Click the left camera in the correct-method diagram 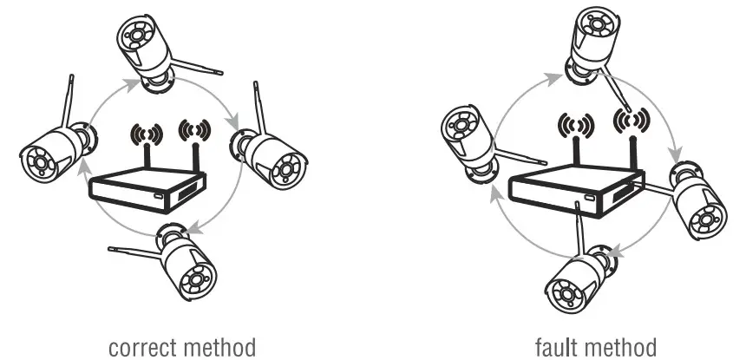pos(52,152)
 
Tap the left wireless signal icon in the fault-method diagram pos(574,125)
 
